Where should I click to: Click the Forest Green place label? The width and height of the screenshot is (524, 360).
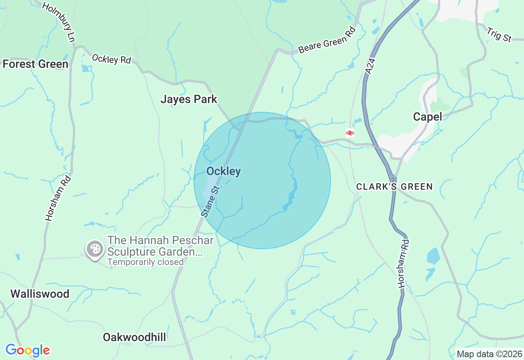[x=35, y=64]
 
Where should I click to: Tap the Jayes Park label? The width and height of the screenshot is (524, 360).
[x=189, y=99]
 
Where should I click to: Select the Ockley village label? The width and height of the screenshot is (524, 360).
[x=223, y=171]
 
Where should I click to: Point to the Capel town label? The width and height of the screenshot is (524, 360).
[x=427, y=117]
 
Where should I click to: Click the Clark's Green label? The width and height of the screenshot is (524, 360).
[x=394, y=187]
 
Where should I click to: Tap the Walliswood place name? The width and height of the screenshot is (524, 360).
[x=40, y=294]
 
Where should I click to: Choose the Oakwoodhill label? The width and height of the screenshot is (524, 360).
[x=134, y=337]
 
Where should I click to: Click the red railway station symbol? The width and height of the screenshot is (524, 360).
[x=350, y=133]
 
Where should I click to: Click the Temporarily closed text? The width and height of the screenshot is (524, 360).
[x=145, y=262]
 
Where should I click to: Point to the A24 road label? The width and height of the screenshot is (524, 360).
[x=370, y=66]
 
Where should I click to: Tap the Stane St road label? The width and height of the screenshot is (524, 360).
[x=211, y=201]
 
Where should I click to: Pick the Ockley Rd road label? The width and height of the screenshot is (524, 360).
[x=111, y=59]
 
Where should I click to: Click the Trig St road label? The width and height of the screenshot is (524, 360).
[x=499, y=35]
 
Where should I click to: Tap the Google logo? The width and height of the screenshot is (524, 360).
[x=27, y=350]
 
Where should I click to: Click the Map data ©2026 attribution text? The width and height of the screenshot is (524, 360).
[x=489, y=354]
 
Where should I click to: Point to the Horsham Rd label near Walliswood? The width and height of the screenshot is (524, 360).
[x=58, y=198]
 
